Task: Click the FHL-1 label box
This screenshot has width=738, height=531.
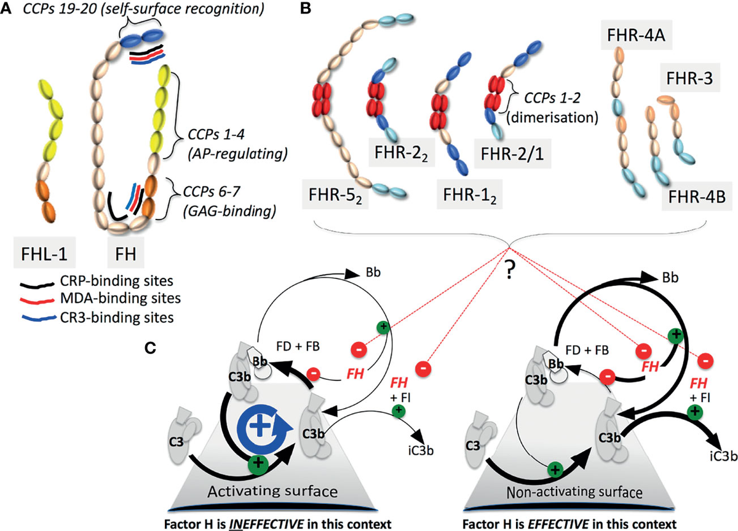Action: click(44, 252)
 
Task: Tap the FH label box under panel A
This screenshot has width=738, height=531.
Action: click(125, 252)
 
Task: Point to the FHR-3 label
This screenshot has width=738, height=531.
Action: click(689, 77)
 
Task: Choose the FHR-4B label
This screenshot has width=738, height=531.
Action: click(697, 196)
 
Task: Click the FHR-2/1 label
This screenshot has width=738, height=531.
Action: click(512, 154)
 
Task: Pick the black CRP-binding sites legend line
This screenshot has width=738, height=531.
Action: click(37, 285)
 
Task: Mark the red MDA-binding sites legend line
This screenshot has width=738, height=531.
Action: click(37, 301)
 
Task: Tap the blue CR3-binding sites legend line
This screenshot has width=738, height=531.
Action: click(37, 318)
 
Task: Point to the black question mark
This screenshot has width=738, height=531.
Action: click(509, 270)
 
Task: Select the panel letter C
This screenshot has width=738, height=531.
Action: click(150, 348)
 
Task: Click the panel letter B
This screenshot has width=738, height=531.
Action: click(306, 8)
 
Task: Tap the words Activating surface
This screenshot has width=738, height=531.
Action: click(273, 492)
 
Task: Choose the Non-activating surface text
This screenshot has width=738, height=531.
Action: click(574, 492)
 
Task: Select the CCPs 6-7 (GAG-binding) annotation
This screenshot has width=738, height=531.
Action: click(229, 201)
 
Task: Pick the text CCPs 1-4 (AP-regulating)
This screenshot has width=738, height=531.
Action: click(237, 144)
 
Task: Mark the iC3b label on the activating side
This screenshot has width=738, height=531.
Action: click(421, 450)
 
